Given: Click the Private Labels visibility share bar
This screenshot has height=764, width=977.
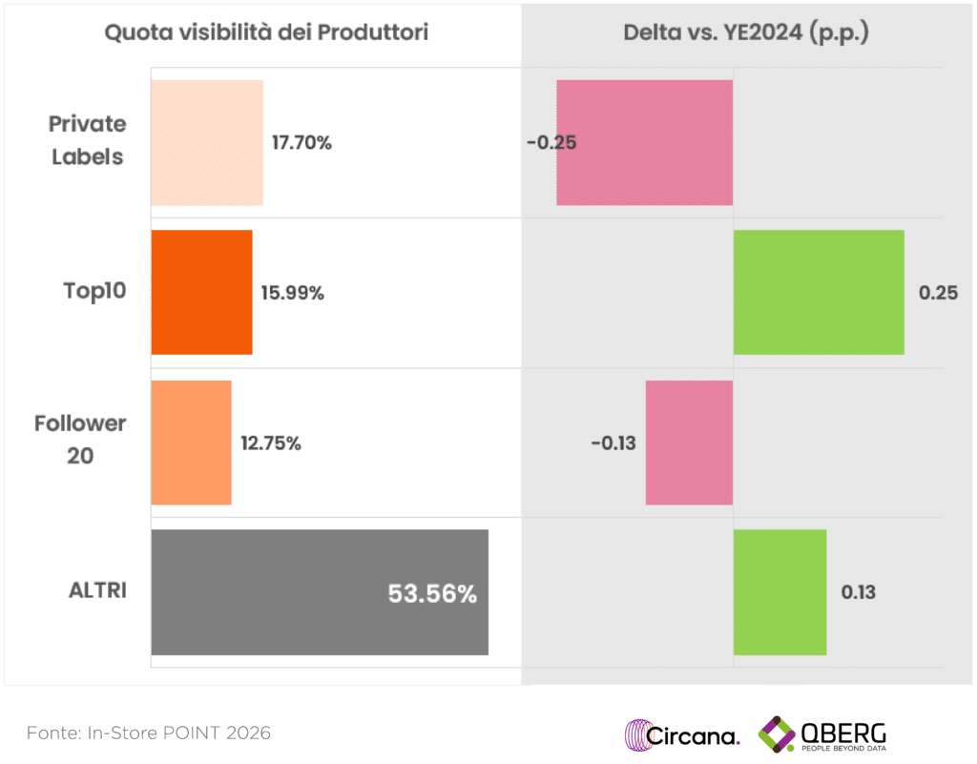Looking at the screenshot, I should pos(207,142).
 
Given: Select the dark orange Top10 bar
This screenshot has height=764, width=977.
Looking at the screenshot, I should pos(201,292).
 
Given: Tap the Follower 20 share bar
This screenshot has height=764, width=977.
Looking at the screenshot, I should pos(191,443).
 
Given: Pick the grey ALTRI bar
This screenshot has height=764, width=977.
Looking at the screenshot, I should pos(319,592).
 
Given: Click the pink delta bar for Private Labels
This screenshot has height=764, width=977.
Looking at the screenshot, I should pos(644,142).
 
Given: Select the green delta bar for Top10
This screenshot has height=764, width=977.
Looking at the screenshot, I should pos(818,292).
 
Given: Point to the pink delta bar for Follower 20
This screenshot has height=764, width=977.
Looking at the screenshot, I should pos(689,443).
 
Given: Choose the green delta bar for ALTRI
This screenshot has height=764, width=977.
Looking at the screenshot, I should pos(780,592).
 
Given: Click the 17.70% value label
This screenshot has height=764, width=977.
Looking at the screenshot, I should pos(301,143).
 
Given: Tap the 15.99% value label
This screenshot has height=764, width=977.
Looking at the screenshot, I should pos(293,294).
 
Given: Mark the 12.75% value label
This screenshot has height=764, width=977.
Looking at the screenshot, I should pos(271,444).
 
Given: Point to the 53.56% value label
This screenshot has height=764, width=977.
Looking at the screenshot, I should pos(431,594).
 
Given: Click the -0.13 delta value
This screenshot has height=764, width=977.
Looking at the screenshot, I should pos(613,444).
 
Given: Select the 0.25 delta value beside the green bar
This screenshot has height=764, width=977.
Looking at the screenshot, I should pos(938,294).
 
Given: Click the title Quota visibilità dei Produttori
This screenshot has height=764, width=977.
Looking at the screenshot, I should pos(266,32).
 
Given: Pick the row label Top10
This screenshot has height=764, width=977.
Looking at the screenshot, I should pos(94,291).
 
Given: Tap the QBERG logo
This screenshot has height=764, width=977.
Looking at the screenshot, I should pos(822,734).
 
